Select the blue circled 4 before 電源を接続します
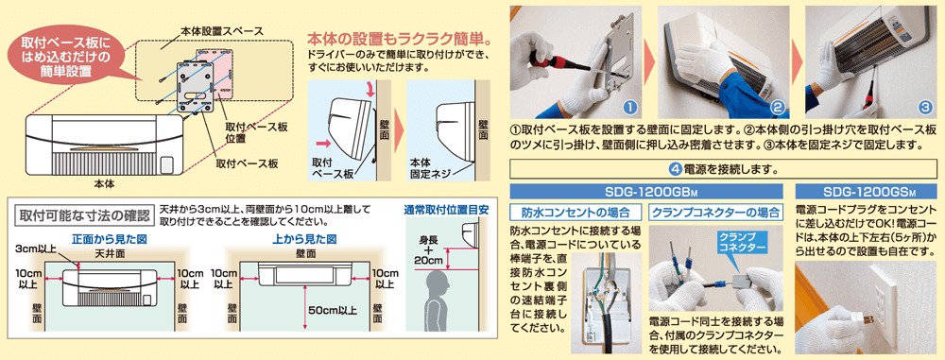[676, 170]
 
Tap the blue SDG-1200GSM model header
[867, 191]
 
